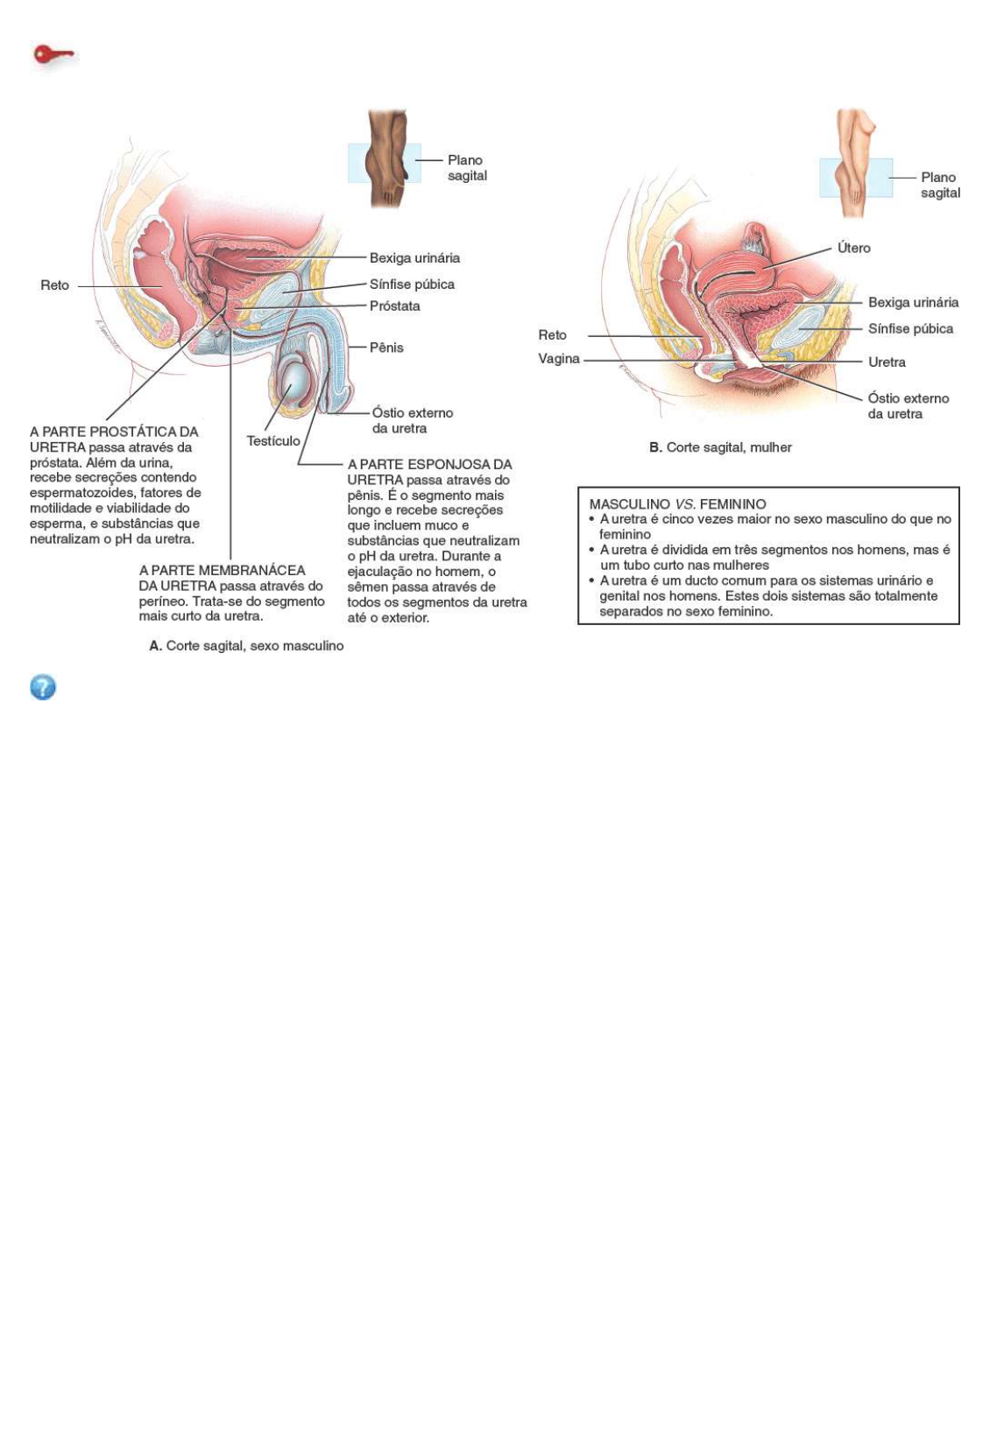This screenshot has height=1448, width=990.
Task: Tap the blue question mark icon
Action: coord(43,687)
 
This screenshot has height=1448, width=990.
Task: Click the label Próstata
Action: coord(394,306)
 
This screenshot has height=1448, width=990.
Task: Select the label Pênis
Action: coord(386,348)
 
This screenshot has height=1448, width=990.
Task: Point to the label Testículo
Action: coord(273,441)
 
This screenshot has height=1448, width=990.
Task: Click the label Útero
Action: coord(853,248)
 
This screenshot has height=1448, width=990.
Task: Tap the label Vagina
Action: coord(559,359)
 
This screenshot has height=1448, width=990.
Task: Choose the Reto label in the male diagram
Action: coord(54,285)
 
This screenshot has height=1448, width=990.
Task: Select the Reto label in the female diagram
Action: coord(552,335)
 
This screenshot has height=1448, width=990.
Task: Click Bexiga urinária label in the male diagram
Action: coord(414,258)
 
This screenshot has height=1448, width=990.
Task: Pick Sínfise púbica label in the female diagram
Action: coord(910,329)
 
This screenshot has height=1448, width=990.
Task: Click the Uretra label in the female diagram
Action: coord(887,362)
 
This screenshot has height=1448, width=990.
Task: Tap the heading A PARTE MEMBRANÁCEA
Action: coord(223,571)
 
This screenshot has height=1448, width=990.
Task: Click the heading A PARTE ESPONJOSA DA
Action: coord(429,465)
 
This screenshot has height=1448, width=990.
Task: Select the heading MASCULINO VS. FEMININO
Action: coord(677,504)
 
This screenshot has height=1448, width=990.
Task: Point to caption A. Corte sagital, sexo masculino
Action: coord(246,646)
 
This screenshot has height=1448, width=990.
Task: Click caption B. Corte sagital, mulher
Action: coord(720,447)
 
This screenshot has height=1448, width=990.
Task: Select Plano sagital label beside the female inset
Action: coord(939,185)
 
